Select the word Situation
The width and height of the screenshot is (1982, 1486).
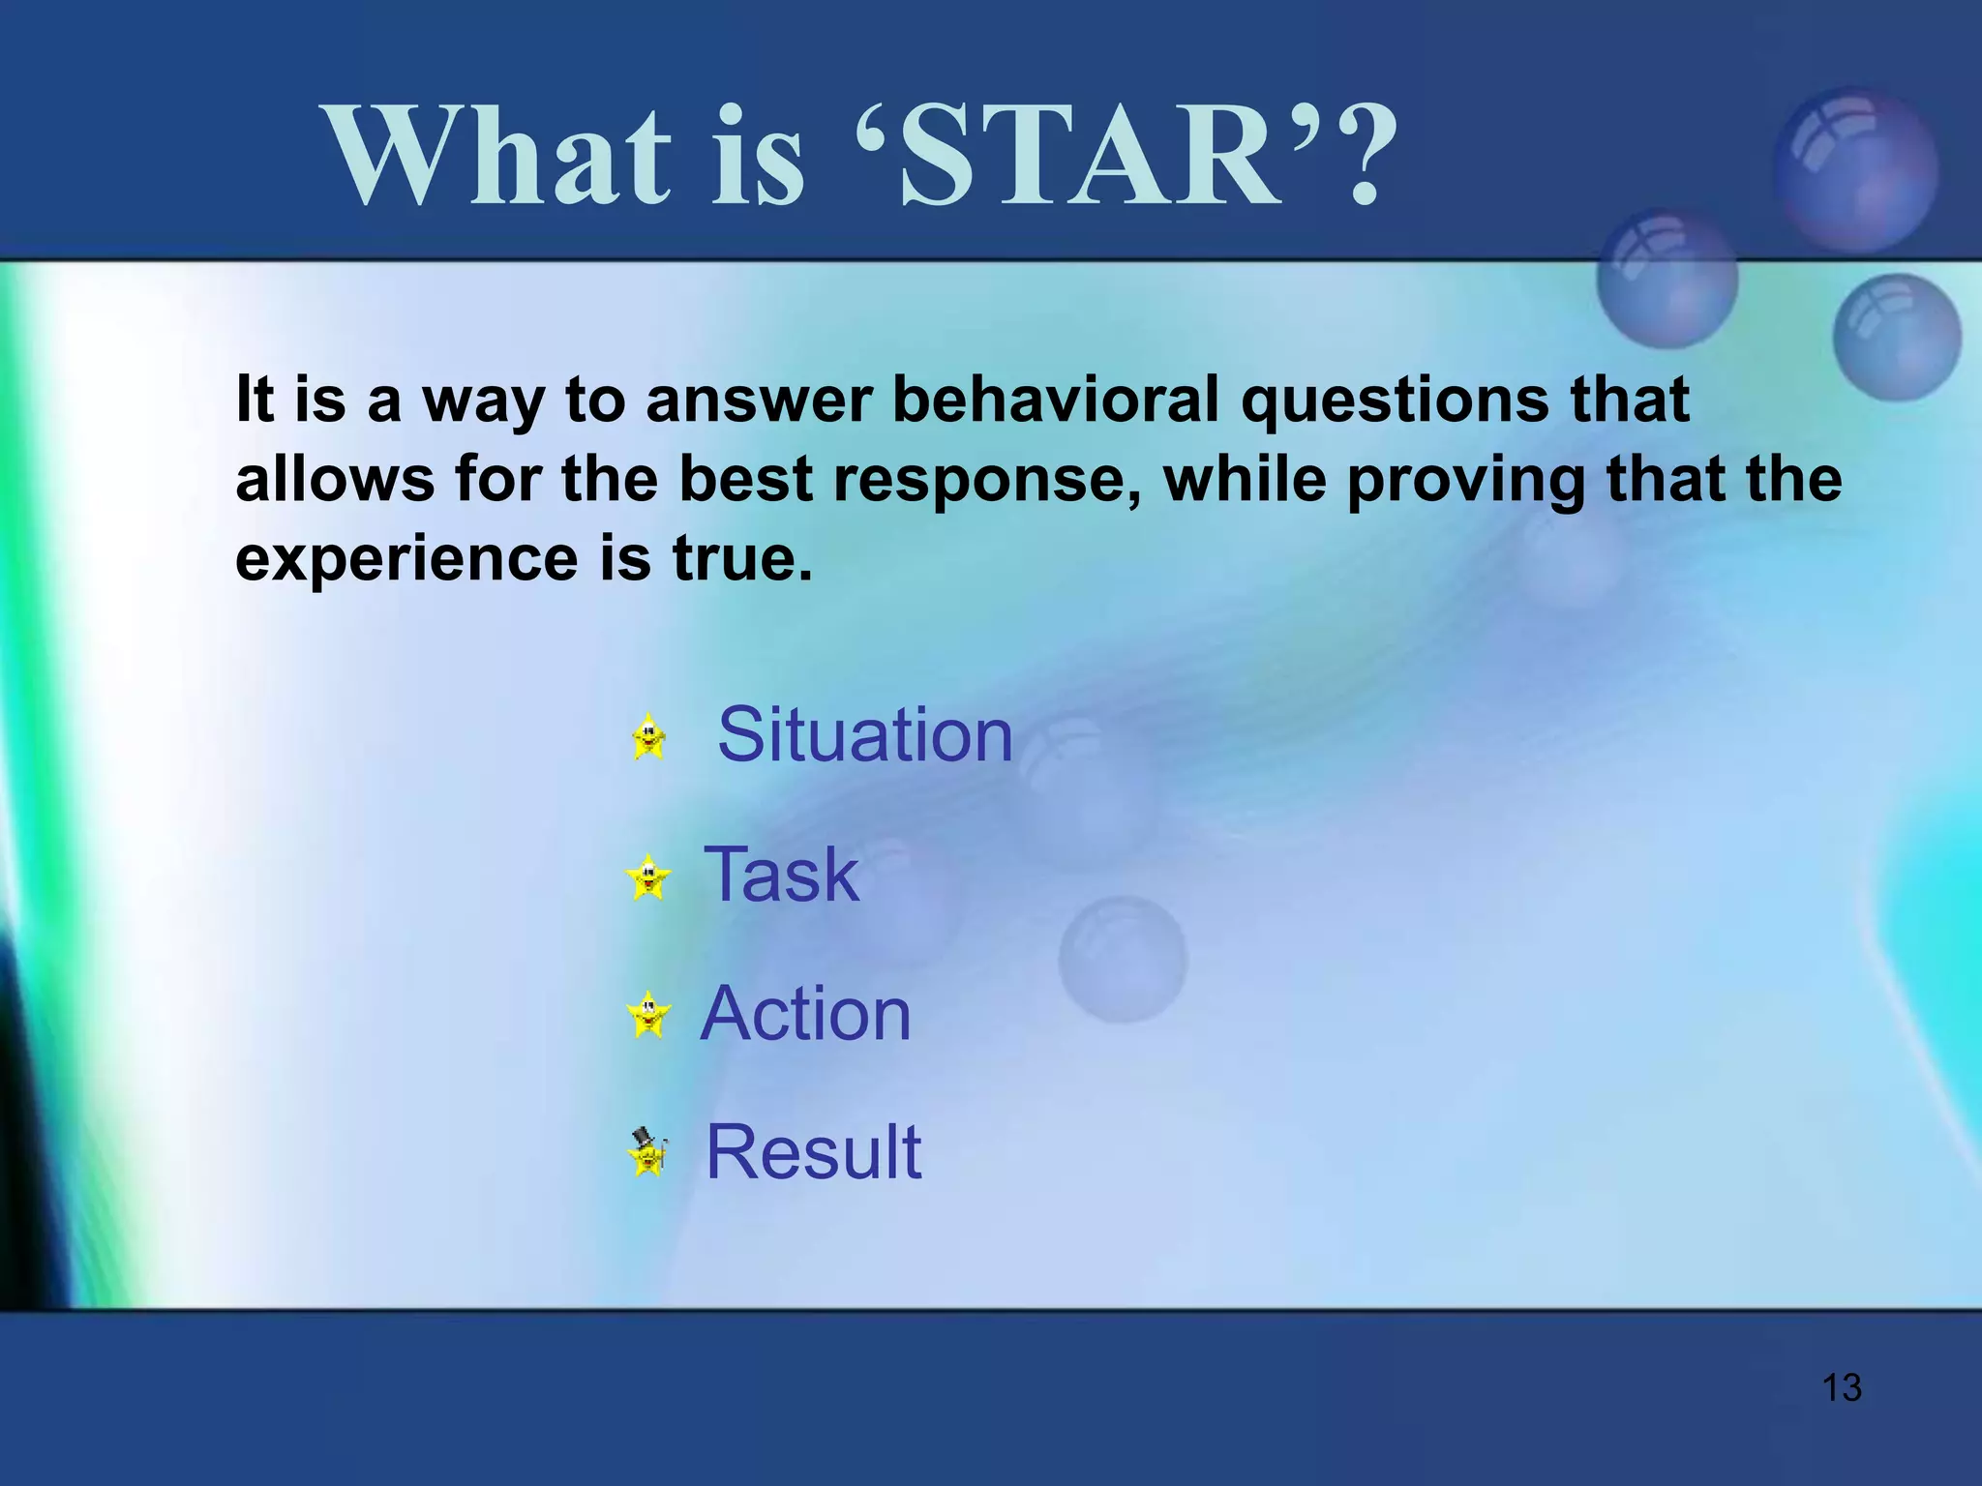pyautogui.click(x=864, y=735)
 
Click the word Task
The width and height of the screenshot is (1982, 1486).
pyautogui.click(x=781, y=875)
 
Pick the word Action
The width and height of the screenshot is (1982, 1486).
pyautogui.click(x=805, y=1014)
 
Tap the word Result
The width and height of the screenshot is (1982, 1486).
pyautogui.click(x=813, y=1152)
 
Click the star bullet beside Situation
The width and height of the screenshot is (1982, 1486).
pyautogui.click(x=648, y=737)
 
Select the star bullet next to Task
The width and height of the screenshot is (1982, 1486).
pyautogui.click(x=648, y=877)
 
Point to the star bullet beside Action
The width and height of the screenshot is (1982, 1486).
pyautogui.click(x=648, y=1015)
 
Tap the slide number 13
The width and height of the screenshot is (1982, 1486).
pyautogui.click(x=1842, y=1387)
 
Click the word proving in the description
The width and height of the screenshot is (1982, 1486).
pyautogui.click(x=1465, y=479)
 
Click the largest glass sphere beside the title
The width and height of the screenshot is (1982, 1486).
pyautogui.click(x=1855, y=170)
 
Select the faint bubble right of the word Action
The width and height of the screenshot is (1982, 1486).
pyautogui.click(x=1123, y=959)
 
